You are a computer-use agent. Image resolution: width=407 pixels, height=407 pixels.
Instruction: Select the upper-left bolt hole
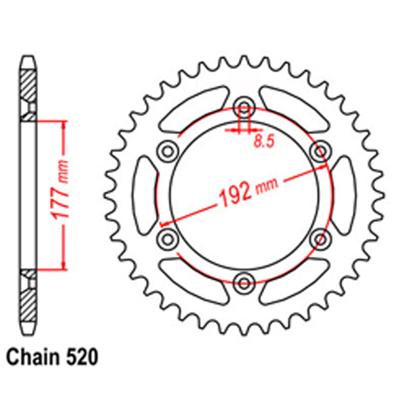(167, 152)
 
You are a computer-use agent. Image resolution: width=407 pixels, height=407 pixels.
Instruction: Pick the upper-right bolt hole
(320, 152)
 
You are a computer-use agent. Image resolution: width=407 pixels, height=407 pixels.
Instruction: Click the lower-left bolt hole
(167, 238)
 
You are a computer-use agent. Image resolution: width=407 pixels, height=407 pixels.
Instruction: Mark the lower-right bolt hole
(320, 238)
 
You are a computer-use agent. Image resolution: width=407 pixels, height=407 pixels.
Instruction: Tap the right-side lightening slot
(343, 195)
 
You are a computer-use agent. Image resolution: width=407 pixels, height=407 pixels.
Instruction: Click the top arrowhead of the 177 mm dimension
(63, 125)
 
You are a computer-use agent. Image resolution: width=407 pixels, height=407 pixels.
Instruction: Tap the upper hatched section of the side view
(28, 85)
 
